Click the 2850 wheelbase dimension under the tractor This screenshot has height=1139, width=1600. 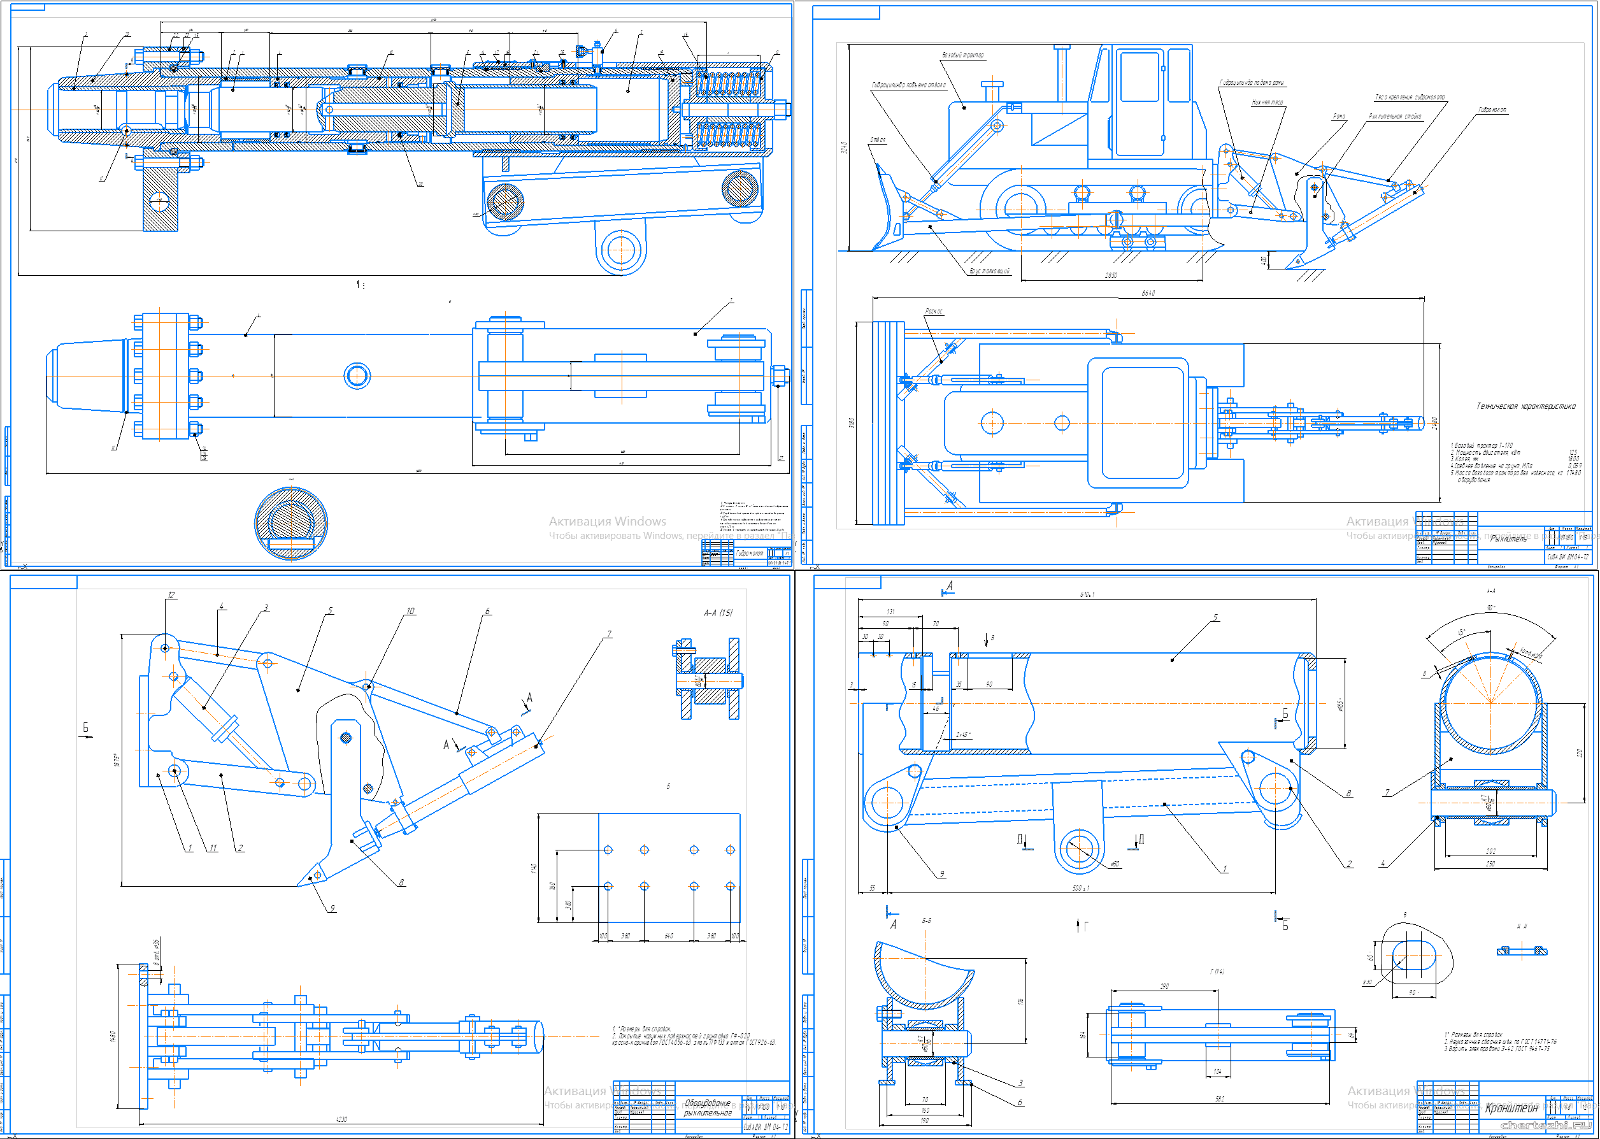[x=1111, y=275]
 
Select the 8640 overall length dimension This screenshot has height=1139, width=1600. [x=1148, y=293]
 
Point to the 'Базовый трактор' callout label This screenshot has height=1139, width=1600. [x=962, y=55]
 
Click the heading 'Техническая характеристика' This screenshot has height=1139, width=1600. [x=1525, y=406]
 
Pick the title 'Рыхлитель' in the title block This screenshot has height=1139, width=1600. [x=1508, y=539]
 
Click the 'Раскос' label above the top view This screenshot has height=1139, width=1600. [x=934, y=311]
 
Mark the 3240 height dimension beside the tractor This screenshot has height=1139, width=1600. [x=845, y=147]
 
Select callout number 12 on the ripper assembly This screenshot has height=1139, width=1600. [x=171, y=596]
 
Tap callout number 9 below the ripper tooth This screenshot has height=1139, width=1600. [x=332, y=908]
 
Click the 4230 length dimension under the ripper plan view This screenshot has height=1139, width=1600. [x=341, y=1119]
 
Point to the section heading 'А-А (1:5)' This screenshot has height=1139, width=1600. [x=718, y=613]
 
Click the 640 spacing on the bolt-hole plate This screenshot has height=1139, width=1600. [x=668, y=936]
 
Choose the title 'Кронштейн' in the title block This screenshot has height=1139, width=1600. [x=1511, y=1108]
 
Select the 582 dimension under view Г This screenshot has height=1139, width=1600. [x=1219, y=1099]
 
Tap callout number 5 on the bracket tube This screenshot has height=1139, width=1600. [x=1215, y=618]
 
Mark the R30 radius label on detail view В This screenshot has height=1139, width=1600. [x=1366, y=982]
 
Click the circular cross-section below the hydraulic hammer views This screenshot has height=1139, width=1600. [x=290, y=523]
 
